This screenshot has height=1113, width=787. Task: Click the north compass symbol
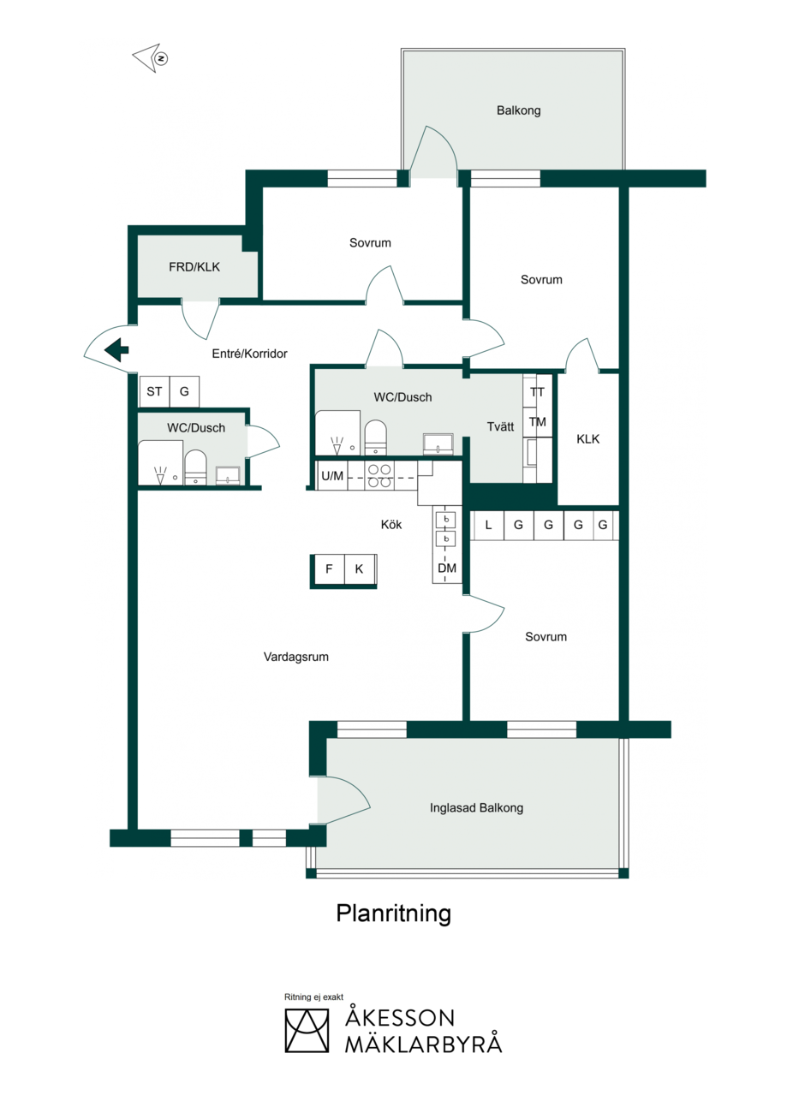point(151,58)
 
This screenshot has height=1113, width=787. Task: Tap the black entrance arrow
point(116,350)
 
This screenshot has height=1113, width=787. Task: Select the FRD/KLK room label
point(194,267)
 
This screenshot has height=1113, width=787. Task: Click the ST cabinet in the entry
point(154,391)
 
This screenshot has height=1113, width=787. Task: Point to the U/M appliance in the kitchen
point(332,476)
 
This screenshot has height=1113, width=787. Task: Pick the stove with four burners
point(379,476)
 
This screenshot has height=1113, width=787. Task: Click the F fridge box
point(329,569)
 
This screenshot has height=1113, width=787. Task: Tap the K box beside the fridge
point(360,569)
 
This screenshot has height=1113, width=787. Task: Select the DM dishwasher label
point(447,568)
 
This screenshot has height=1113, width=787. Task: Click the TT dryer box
point(538,392)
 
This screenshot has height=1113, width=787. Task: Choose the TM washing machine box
point(538,422)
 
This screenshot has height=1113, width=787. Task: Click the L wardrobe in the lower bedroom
point(488,525)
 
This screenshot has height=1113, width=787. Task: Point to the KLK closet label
point(588,439)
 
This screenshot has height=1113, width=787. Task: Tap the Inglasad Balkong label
point(476,808)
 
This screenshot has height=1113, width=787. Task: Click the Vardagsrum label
point(296,657)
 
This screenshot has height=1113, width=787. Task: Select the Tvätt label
point(500,427)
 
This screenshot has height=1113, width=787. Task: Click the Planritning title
point(394,914)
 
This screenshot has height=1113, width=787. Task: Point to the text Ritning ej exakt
point(313,997)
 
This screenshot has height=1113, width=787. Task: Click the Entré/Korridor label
point(249,354)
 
